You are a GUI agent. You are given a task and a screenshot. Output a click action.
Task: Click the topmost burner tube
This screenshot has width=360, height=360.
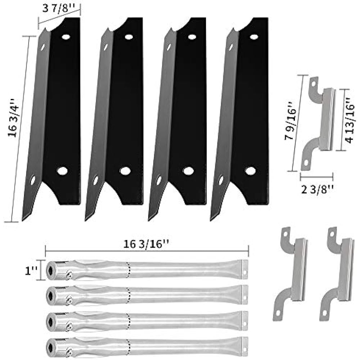148,270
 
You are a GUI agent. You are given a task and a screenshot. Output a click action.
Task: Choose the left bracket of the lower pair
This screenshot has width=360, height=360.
290,274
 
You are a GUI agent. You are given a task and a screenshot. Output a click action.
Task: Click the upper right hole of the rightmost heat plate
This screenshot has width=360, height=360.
254,37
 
